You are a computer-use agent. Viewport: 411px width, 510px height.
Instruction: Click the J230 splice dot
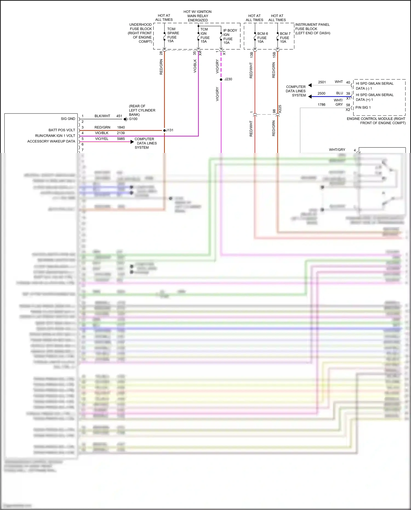(221, 79)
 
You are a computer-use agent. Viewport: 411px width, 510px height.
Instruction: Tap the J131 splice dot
(164, 130)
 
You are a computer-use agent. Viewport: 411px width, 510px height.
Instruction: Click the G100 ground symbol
(125, 119)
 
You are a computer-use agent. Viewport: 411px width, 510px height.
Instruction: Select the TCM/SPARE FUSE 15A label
(173, 35)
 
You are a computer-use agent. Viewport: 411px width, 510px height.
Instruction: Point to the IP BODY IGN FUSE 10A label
(230, 36)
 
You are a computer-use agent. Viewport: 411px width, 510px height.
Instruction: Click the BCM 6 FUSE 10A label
(262, 38)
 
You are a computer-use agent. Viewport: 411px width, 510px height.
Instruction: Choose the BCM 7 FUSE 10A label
(285, 38)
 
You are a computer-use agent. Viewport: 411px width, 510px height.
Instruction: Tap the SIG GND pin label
(68, 119)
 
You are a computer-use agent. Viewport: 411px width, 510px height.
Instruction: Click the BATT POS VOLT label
(62, 130)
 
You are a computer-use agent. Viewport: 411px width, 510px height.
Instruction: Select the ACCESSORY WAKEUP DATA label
(51, 141)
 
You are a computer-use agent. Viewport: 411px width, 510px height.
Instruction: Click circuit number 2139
(121, 133)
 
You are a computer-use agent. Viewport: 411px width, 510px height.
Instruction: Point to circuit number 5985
(121, 139)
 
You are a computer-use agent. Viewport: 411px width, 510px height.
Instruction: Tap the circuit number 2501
(322, 82)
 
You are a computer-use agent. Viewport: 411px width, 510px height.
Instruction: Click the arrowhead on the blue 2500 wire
(310, 96)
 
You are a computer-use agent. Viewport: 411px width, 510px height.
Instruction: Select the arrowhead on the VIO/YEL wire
(132, 142)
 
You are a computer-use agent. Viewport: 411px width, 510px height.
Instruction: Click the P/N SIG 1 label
(363, 107)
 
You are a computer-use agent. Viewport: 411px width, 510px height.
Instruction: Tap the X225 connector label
(280, 109)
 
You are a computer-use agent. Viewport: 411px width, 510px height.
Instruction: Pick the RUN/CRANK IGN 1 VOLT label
(55, 136)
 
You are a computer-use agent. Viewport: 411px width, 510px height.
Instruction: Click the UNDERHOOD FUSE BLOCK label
(140, 33)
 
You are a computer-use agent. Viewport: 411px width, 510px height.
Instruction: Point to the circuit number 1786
(322, 105)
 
